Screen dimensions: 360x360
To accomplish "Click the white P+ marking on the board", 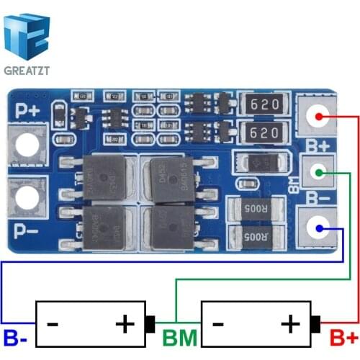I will point(28,109).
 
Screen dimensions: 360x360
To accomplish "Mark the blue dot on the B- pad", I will point(317,229).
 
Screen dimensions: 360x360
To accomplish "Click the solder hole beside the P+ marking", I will point(28,145).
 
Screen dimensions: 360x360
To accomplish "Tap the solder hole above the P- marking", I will point(28,199).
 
